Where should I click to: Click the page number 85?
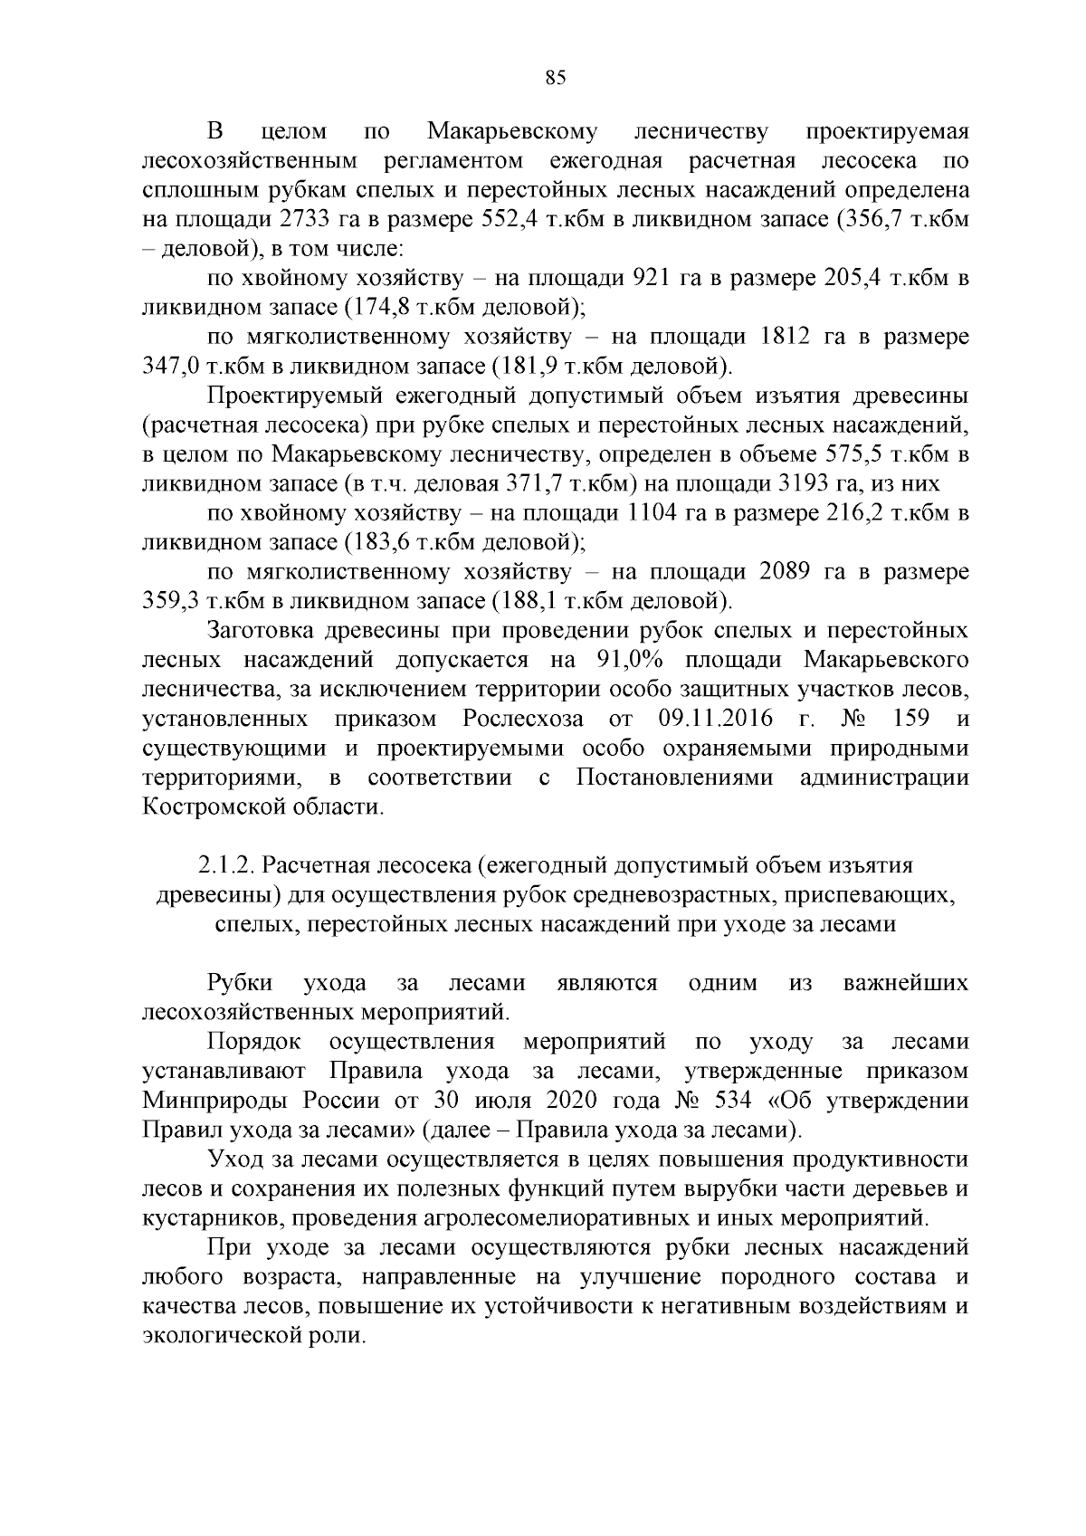[556, 78]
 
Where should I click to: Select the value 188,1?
[529, 601]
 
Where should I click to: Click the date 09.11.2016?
[711, 719]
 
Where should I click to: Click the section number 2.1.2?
[223, 866]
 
